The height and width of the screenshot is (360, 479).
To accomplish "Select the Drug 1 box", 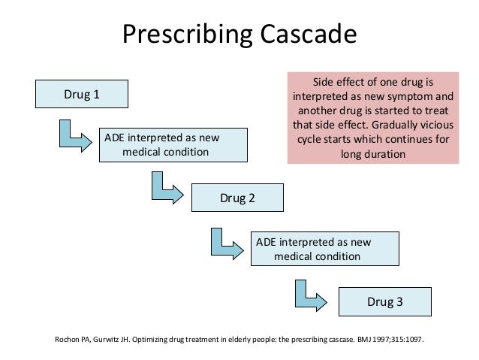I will [81, 94].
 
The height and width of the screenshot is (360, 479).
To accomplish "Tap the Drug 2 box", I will [237, 198].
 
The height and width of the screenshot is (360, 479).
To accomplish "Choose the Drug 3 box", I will [384, 302].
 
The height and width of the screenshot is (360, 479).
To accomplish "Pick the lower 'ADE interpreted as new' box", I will [324, 249].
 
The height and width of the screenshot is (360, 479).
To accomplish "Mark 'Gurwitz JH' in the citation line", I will [113, 338].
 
